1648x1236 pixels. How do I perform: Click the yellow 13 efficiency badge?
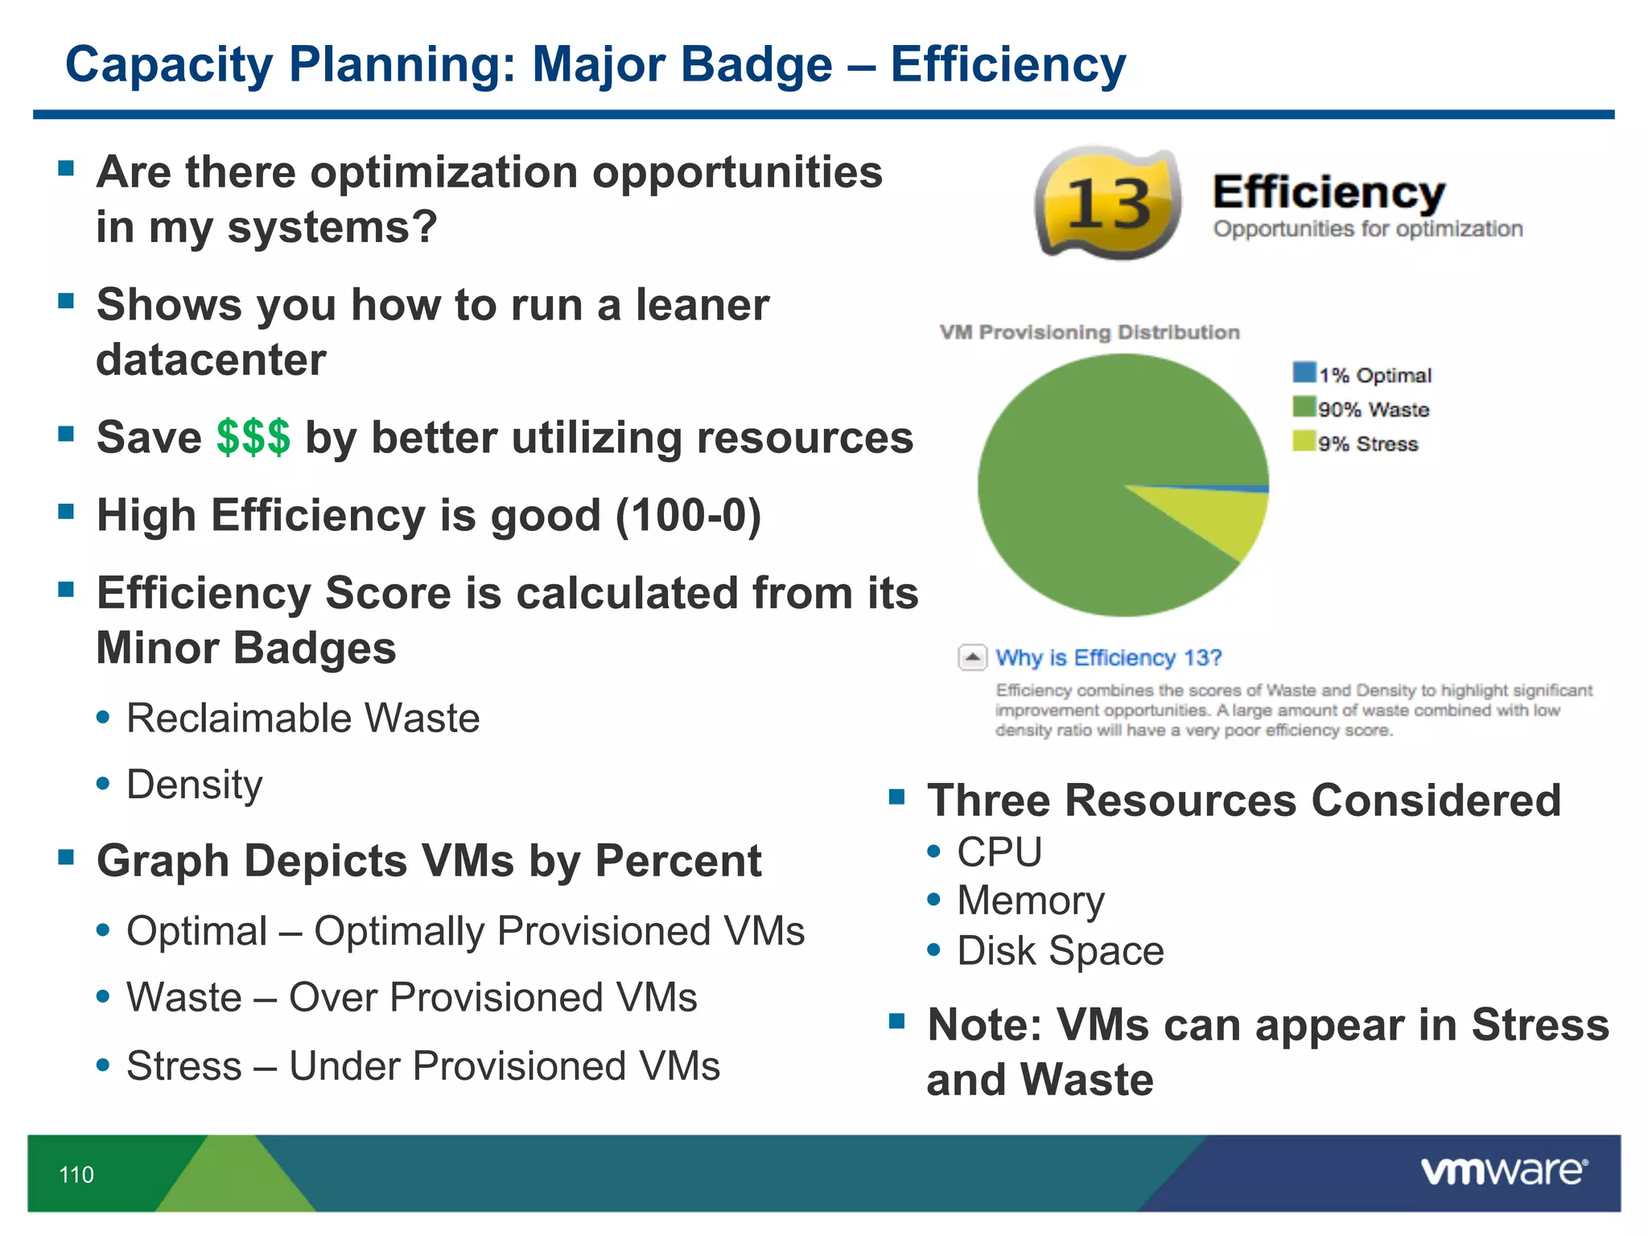pos(1109,203)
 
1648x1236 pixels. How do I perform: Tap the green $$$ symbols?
pos(253,438)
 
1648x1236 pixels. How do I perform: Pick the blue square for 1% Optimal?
pos(1304,373)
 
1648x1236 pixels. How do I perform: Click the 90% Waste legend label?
pos(1374,410)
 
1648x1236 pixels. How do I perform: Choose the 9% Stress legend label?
pos(1368,444)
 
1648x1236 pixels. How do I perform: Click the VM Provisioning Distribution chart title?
pos(1090,332)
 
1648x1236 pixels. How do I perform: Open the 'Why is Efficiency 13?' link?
pos(1108,657)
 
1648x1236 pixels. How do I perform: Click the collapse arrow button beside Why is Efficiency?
pos(972,657)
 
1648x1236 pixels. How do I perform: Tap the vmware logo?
pos(1503,1171)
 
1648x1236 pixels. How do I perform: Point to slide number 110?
pos(76,1175)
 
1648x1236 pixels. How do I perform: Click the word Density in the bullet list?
pos(195,785)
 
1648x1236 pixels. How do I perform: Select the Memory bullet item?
pos(1030,900)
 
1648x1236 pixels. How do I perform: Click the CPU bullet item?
pos(999,852)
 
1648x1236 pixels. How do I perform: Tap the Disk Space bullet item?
pos(1060,951)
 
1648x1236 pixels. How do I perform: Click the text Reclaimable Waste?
pos(303,718)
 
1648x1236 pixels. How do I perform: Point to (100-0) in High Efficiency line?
pos(688,515)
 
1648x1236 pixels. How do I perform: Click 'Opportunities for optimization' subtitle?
pos(1368,229)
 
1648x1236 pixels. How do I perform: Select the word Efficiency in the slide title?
pos(1007,64)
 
